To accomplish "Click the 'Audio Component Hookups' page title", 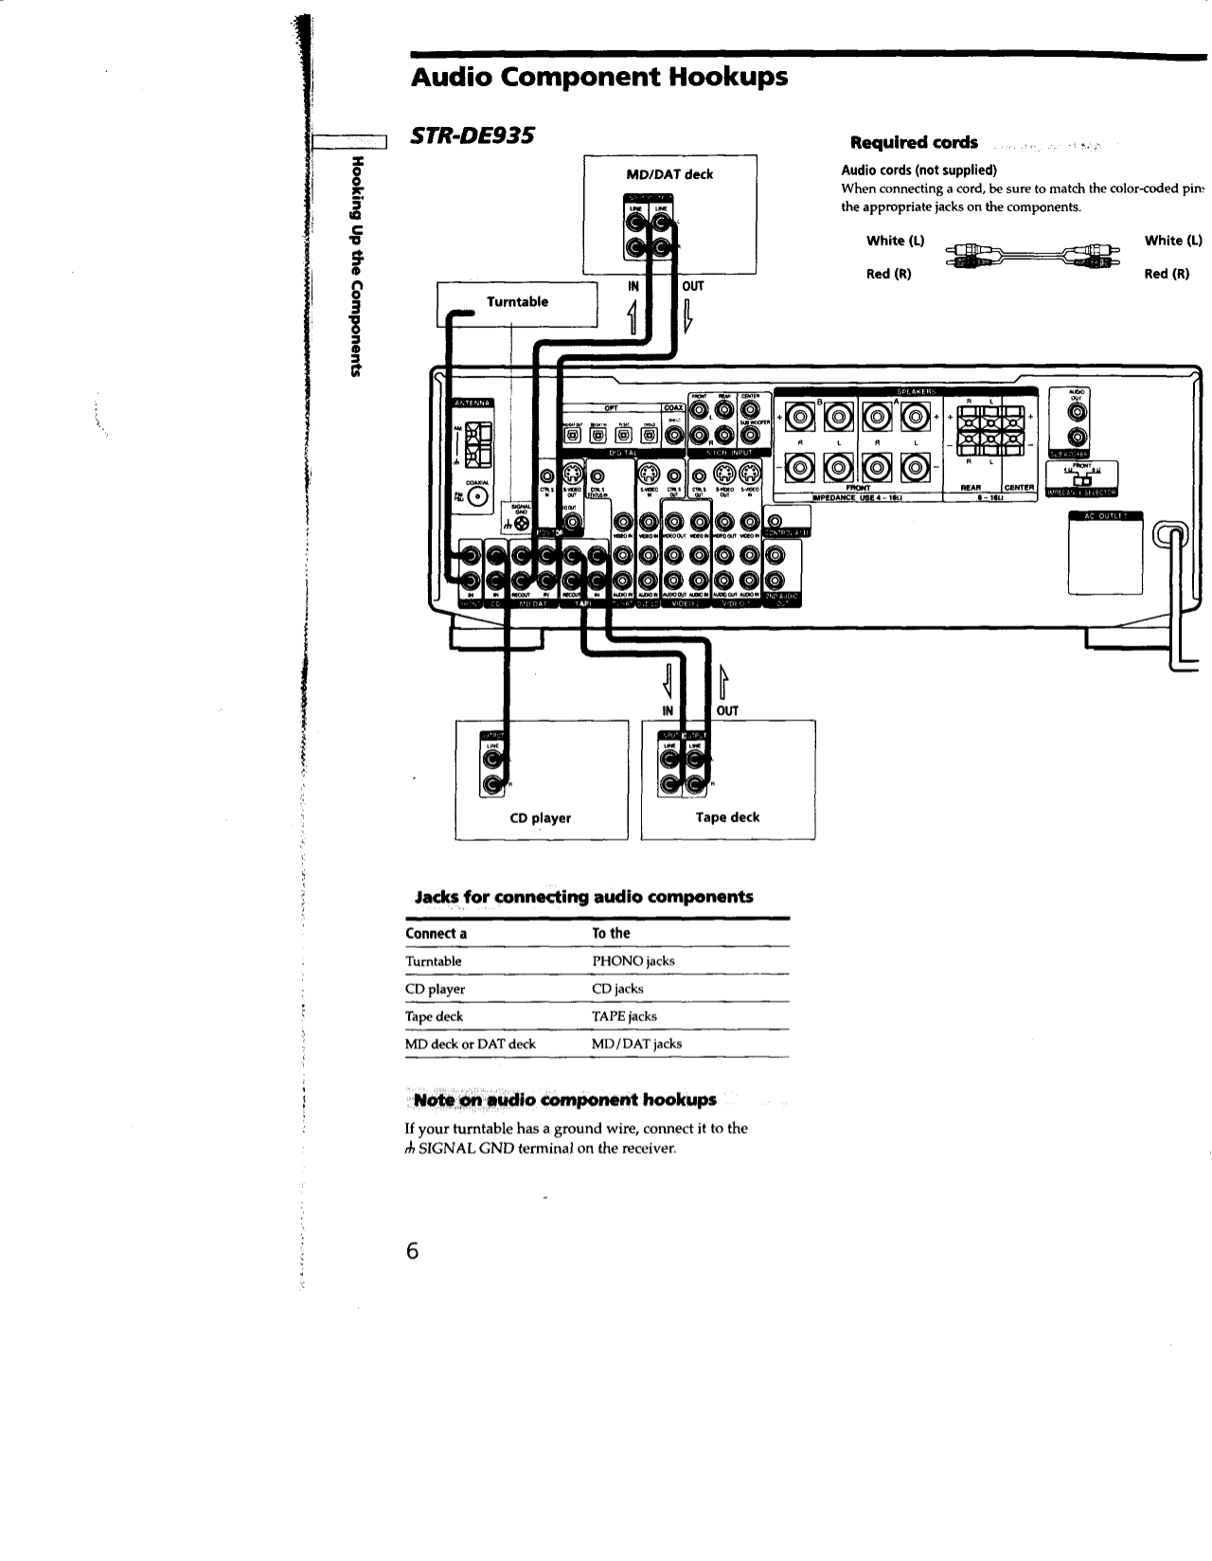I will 598,77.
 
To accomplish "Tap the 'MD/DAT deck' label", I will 669,174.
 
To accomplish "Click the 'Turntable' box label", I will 517,302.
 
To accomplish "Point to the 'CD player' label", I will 540,818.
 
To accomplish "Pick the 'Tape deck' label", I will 727,817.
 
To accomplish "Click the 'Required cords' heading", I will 914,143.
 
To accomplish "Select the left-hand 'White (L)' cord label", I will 895,241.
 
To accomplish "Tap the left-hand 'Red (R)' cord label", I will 889,275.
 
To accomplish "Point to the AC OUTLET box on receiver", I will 1105,557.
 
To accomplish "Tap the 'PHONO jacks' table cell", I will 633,961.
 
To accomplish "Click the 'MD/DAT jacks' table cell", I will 636,1044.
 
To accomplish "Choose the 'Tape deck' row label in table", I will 434,1016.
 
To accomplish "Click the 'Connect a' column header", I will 436,934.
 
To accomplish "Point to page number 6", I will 411,1250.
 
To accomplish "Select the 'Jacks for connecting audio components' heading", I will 584,897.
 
